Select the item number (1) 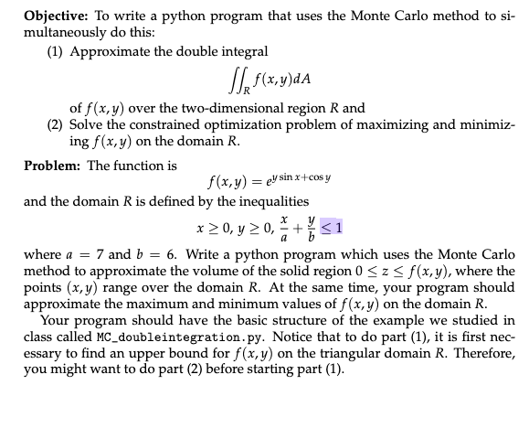[58, 51]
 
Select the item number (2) [58, 123]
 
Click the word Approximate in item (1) [107, 51]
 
